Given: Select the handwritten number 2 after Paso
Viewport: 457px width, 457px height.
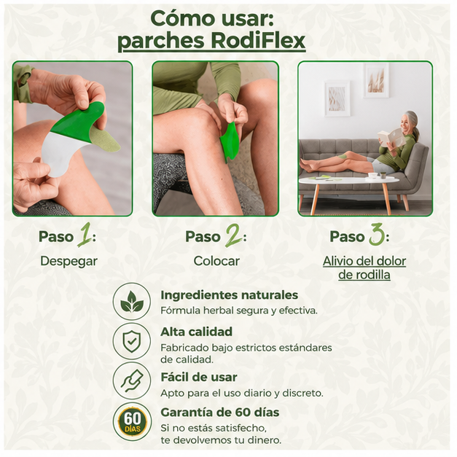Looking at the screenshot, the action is tap(234, 235).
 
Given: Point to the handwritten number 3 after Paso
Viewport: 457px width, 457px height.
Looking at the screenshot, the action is tap(377, 235).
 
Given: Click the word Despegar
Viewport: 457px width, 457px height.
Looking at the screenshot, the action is tap(69, 261).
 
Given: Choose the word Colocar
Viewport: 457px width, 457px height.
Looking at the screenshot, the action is tap(216, 261).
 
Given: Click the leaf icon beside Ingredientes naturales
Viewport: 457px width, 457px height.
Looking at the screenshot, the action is tap(132, 301).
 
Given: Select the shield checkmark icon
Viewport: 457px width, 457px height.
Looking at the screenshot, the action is tap(132, 341).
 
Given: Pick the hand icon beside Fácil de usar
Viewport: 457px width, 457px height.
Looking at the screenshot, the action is tap(132, 381).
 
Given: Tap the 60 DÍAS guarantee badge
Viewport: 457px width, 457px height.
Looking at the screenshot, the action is tap(133, 421).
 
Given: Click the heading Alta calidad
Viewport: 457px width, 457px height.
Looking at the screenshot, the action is tap(197, 332).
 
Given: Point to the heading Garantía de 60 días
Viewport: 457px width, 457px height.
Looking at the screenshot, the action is tap(220, 413).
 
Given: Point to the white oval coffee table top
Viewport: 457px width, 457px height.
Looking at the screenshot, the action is tap(348, 180).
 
